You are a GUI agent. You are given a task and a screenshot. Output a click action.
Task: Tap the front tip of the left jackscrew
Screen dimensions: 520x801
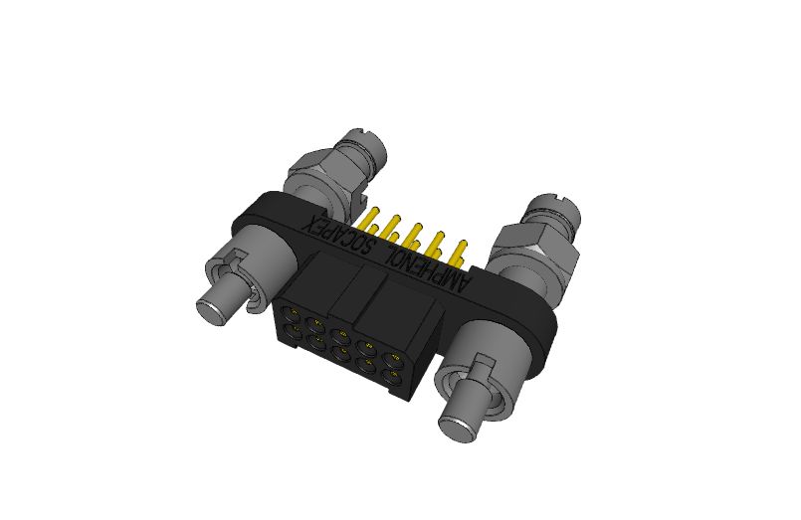214,309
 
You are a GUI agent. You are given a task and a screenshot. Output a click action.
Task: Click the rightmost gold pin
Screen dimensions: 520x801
459,250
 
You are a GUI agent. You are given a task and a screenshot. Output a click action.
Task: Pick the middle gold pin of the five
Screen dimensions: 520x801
411,234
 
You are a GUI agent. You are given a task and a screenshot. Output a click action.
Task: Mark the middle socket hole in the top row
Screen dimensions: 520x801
343,332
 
